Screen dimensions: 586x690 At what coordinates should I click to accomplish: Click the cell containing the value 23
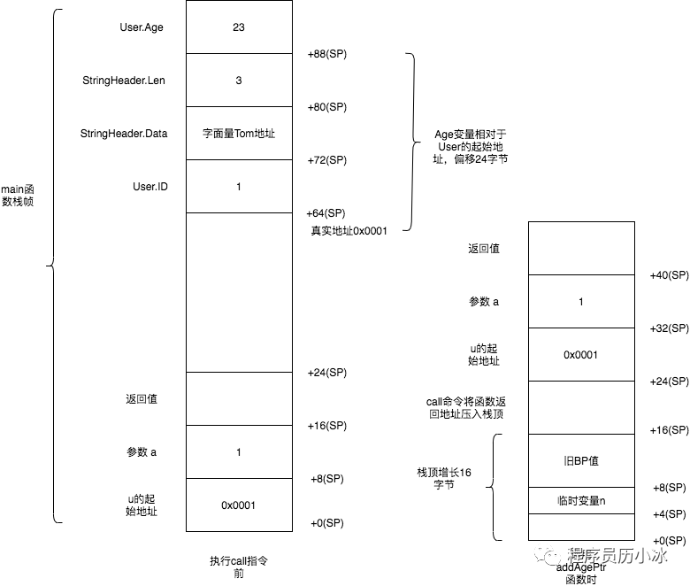click(238, 27)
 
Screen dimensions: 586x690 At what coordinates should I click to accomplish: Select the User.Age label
click(142, 27)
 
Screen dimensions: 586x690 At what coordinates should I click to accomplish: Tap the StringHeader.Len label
click(123, 81)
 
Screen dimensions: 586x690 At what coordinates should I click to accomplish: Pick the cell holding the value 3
click(238, 81)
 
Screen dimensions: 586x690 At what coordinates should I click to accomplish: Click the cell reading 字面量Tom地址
click(238, 134)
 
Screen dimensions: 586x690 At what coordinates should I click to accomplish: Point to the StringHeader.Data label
click(124, 134)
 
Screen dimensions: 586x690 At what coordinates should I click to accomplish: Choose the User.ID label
click(149, 187)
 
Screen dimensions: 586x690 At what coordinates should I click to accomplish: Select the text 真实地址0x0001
click(349, 230)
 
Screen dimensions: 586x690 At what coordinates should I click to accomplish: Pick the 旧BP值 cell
click(580, 461)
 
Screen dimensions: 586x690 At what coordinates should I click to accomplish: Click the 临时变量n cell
click(580, 500)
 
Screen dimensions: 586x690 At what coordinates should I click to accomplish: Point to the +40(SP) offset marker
click(668, 275)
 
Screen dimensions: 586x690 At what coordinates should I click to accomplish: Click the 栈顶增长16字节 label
click(444, 479)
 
